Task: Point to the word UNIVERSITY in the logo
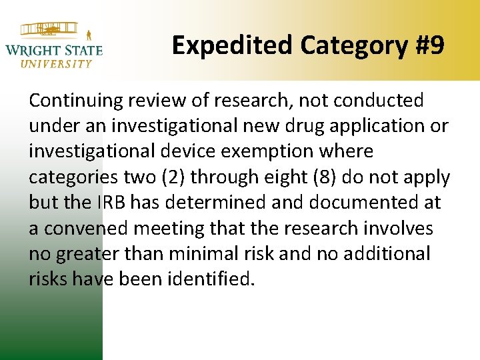pyautogui.click(x=57, y=64)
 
